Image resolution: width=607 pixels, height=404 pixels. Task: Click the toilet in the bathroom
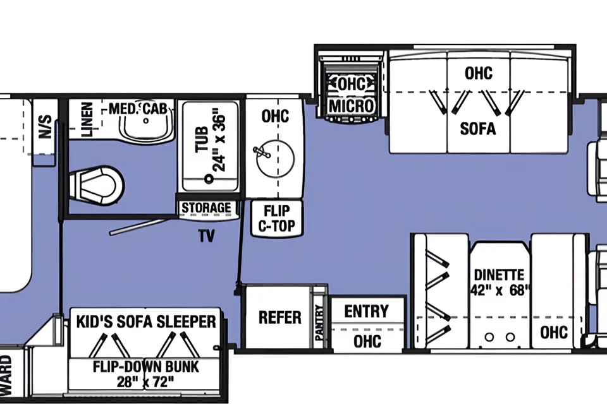pyautogui.click(x=97, y=185)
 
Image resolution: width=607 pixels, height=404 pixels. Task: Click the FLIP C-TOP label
pyautogui.click(x=276, y=218)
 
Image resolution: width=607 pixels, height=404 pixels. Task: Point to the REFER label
pyautogui.click(x=279, y=318)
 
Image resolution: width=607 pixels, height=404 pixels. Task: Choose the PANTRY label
pyautogui.click(x=319, y=323)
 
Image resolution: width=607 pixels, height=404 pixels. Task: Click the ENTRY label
pyautogui.click(x=366, y=311)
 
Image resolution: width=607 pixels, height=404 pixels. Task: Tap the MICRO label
pyautogui.click(x=352, y=105)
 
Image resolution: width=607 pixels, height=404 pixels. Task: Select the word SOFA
pyautogui.click(x=478, y=128)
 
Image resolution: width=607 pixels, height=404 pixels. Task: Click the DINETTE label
pyautogui.click(x=499, y=275)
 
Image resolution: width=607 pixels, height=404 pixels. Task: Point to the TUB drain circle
pyautogui.click(x=209, y=179)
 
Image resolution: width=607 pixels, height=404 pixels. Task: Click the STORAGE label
pyautogui.click(x=206, y=208)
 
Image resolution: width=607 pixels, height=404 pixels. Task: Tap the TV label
pyautogui.click(x=207, y=236)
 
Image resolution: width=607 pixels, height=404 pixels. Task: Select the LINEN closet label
pyautogui.click(x=87, y=119)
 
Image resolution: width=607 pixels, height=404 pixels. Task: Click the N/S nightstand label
pyautogui.click(x=45, y=126)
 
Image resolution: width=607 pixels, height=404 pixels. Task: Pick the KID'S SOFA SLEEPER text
pyautogui.click(x=146, y=321)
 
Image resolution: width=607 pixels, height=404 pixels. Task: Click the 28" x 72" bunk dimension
pyautogui.click(x=145, y=382)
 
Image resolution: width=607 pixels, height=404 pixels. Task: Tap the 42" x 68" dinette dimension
pyautogui.click(x=500, y=290)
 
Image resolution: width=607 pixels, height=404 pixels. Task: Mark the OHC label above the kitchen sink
pyautogui.click(x=275, y=116)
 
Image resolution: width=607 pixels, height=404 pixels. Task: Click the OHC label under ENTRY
pyautogui.click(x=367, y=342)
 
